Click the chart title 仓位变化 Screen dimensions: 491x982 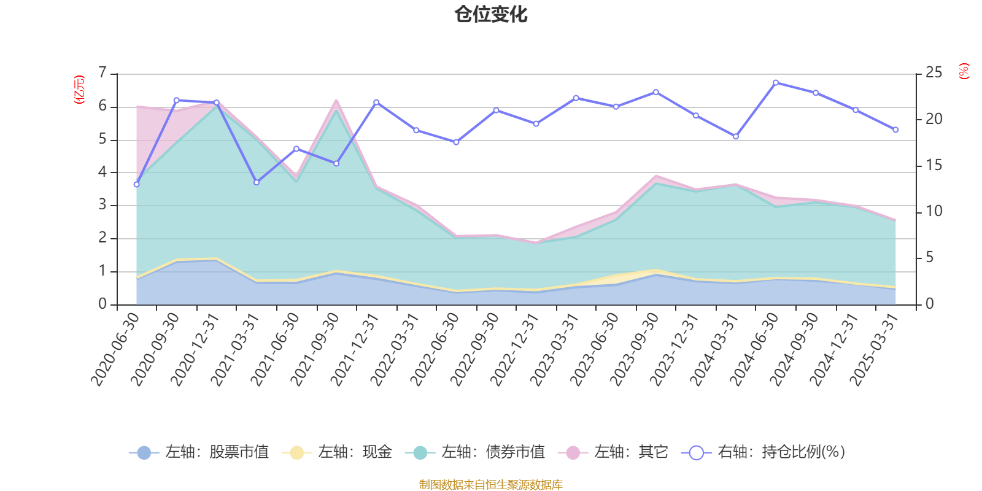(491, 15)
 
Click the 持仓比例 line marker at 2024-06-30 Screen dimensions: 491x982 (776, 82)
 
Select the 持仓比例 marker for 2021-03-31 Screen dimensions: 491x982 (257, 182)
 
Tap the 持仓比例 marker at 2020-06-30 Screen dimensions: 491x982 (136, 184)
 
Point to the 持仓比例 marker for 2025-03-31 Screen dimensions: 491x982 (895, 130)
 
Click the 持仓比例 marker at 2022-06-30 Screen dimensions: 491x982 (456, 142)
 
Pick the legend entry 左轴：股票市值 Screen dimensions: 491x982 (199, 452)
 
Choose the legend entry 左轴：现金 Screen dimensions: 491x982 (337, 452)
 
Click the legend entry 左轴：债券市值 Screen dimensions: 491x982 (476, 452)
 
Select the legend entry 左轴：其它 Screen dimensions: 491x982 (613, 452)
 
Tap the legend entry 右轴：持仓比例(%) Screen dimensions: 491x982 (764, 452)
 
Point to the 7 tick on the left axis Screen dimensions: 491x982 (102, 74)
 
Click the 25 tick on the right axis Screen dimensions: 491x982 (934, 73)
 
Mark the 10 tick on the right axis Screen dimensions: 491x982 (934, 211)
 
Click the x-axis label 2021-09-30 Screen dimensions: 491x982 (315, 349)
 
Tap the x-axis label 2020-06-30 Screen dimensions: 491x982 (115, 349)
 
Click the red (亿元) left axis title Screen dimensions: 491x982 (79, 90)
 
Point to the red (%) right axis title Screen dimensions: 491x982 (964, 71)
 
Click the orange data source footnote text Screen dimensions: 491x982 (491, 485)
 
